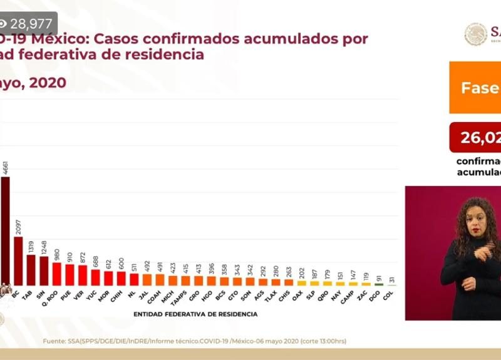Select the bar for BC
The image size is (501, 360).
tap(18, 260)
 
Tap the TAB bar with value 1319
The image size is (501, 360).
tap(31, 270)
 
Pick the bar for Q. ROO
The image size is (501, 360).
tap(56, 274)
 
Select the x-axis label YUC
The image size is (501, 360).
tap(95, 296)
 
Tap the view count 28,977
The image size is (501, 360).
tap(34, 23)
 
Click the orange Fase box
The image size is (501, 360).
tap(475, 87)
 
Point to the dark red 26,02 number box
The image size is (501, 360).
tap(475, 137)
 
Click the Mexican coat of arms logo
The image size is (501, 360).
tap(475, 34)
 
